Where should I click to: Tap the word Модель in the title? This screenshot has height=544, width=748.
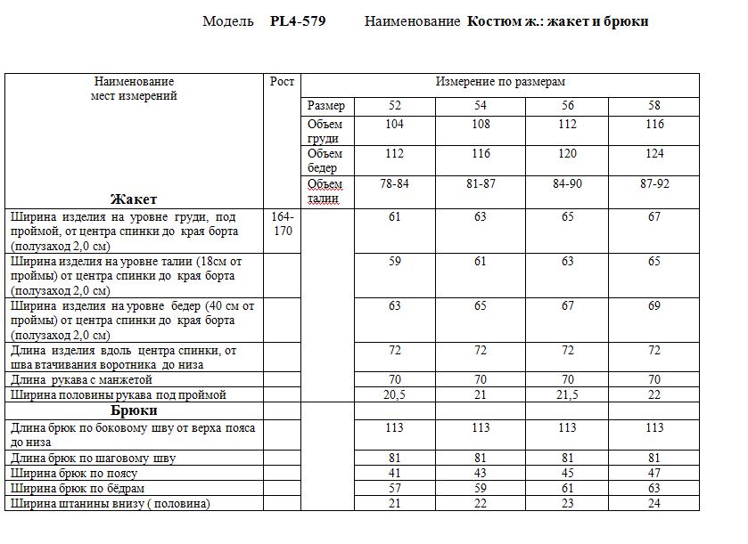228,21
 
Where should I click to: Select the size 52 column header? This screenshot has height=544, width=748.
394,106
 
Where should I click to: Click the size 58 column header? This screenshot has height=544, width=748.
655,106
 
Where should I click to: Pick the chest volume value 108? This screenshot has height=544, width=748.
481,125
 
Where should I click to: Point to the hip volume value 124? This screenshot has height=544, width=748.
655,154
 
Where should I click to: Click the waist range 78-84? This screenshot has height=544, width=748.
394,183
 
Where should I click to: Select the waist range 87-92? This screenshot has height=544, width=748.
655,183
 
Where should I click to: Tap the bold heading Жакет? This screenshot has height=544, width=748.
134,199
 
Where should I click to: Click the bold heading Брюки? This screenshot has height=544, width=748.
134,410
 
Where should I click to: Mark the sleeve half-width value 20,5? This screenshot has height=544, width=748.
394,394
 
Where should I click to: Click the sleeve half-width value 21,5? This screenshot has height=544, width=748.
568,394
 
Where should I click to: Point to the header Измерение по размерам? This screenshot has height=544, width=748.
500,82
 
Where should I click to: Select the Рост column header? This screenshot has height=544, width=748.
282,82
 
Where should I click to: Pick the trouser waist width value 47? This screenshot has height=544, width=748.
655,474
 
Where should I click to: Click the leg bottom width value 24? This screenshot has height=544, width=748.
655,504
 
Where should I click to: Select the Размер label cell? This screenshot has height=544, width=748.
325,106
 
